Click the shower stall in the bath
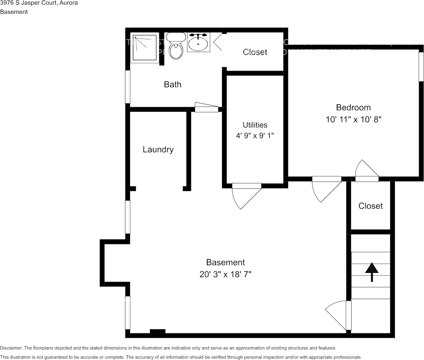click(x=144, y=48)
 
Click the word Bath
click(x=173, y=84)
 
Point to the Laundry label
click(x=158, y=150)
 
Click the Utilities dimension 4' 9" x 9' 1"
click(x=255, y=135)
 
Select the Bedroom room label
click(x=353, y=107)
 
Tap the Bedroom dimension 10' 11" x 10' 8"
click(x=353, y=119)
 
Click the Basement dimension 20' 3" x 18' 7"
click(x=226, y=274)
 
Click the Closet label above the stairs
click(x=370, y=206)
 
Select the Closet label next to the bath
click(x=255, y=52)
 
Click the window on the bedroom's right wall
click(x=421, y=67)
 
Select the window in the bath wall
click(x=128, y=87)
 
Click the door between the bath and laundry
click(x=206, y=108)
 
